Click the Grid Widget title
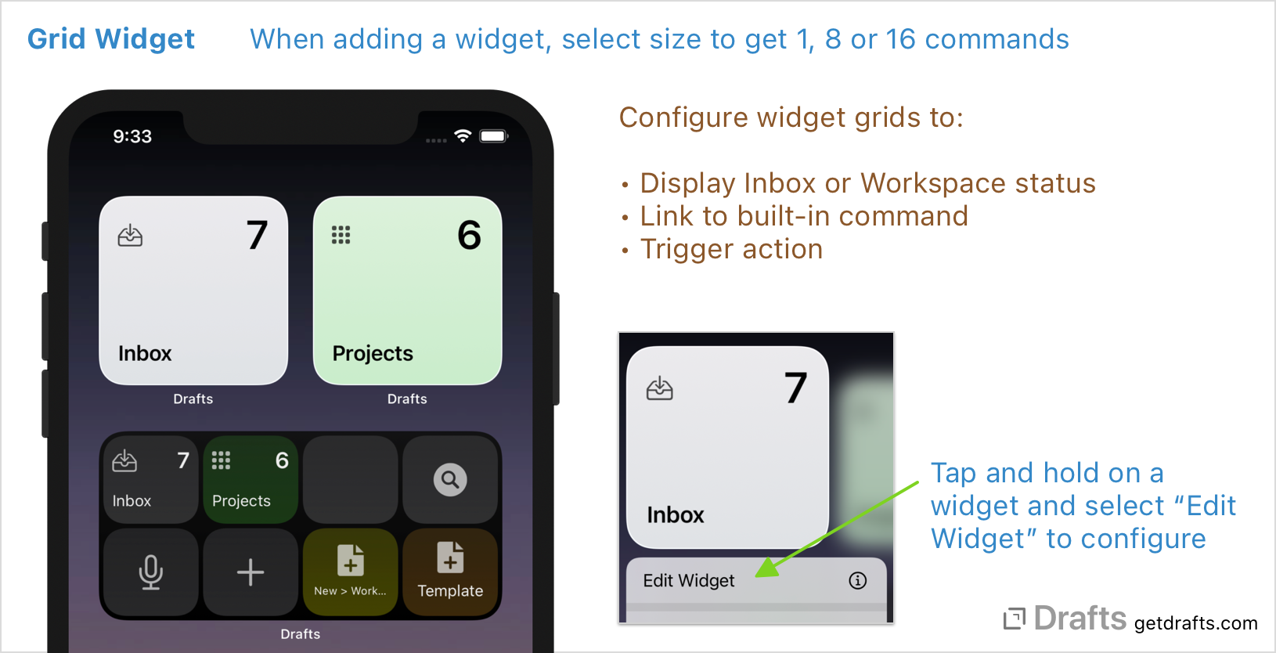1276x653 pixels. [x=111, y=39]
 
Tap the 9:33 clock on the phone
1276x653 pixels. [x=132, y=136]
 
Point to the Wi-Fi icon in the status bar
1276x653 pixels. [x=463, y=136]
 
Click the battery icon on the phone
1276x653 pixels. [x=493, y=136]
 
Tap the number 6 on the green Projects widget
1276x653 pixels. [x=469, y=235]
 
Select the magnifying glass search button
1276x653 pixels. [x=450, y=479]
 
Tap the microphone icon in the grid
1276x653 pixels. [x=150, y=572]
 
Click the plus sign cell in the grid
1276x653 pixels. [x=251, y=572]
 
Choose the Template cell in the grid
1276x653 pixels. [x=450, y=572]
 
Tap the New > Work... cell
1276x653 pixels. [x=350, y=572]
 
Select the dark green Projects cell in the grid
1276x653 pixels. [x=251, y=479]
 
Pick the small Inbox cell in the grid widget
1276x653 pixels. [x=150, y=479]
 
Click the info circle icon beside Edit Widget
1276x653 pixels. [x=858, y=580]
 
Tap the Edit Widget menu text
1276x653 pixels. [x=689, y=580]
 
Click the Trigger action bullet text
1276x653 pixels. [x=731, y=249]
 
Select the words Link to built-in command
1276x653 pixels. [x=804, y=216]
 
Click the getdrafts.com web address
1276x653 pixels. [x=1195, y=623]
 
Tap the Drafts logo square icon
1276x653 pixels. [x=1015, y=619]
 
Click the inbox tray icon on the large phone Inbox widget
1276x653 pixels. [x=130, y=236]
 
